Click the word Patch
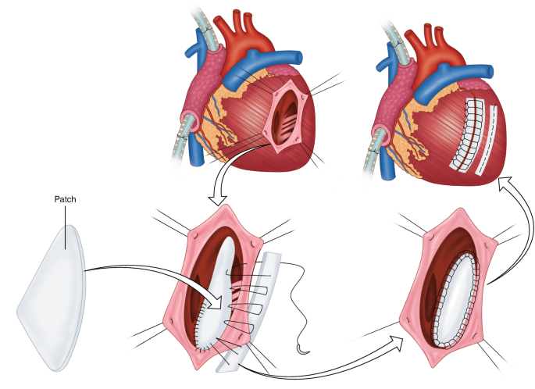pos(65,199)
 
